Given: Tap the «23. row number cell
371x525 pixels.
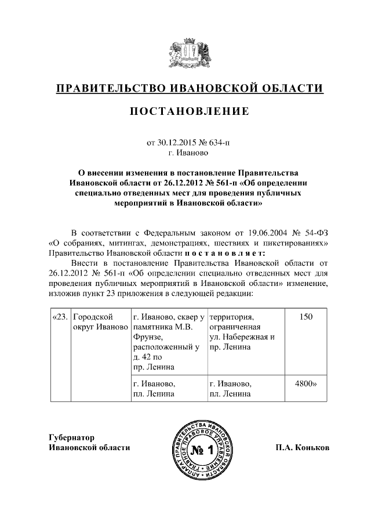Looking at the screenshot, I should point(60,317).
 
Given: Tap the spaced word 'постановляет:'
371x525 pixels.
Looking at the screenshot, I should point(225,253).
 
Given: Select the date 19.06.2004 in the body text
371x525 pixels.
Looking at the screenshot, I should point(263,232).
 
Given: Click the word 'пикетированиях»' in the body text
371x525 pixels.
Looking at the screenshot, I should point(299,242).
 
